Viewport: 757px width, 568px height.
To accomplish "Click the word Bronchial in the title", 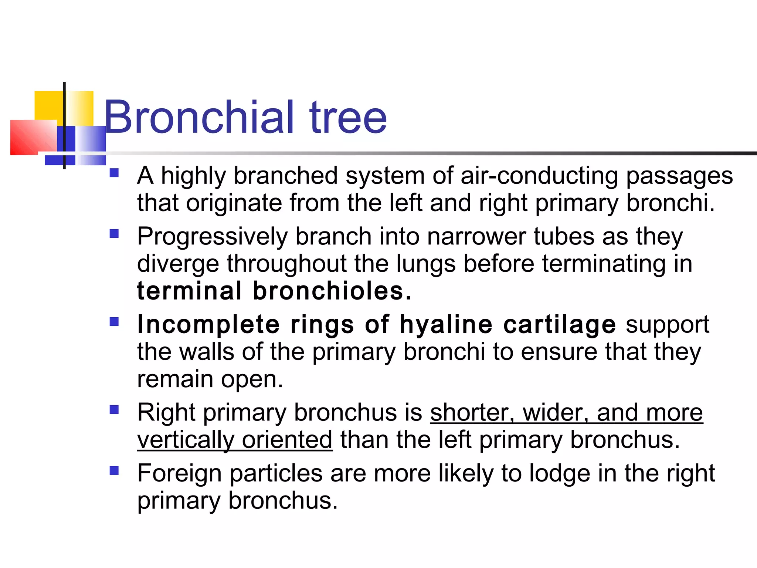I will coord(200,118).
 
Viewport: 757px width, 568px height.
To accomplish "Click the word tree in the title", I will coord(348,118).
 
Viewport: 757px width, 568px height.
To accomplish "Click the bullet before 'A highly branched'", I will coord(114,173).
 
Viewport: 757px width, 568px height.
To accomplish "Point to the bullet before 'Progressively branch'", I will coord(114,234).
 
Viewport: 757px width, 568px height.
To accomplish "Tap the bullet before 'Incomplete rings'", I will coord(114,322).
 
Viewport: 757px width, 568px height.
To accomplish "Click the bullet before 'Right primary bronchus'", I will coord(114,410).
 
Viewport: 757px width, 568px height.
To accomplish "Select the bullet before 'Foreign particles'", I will coord(114,470).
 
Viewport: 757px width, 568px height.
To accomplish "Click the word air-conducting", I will coord(539,175).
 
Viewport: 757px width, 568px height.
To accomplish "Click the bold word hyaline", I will coord(446,324).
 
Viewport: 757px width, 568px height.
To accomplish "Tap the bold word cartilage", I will coord(560,324).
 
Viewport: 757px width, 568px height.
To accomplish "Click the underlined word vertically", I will coord(186,440).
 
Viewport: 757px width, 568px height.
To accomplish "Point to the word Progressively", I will coord(212,237).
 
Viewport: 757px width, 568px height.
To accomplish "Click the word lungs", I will coord(426,264).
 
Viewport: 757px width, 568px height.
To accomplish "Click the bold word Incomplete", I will coord(208,324).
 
